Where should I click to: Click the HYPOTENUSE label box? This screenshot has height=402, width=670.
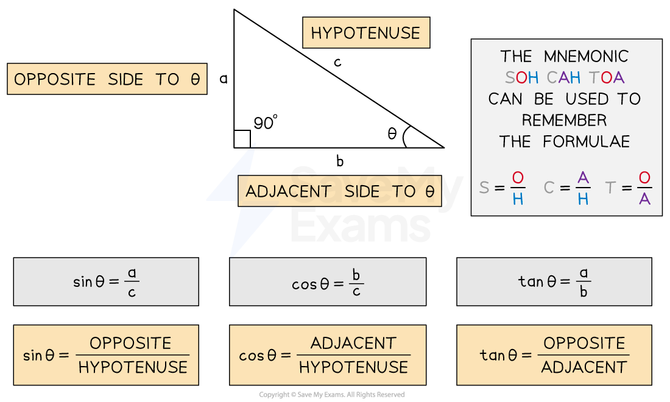coord(365,33)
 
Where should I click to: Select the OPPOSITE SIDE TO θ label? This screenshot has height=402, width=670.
coord(107,79)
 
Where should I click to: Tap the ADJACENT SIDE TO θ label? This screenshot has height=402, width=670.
coord(339,191)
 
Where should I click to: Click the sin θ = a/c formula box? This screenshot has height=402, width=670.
coord(106,281)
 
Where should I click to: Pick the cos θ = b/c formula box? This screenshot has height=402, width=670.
coord(327,281)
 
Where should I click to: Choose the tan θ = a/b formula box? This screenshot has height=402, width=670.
coord(554,281)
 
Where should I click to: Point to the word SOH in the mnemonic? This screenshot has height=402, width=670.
coord(522,78)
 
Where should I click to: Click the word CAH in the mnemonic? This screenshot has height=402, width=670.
coord(563,78)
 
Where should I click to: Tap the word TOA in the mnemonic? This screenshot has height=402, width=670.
coord(607,78)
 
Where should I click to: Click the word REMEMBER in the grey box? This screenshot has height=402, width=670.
coord(565,120)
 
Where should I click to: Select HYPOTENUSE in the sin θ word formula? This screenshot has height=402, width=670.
coord(133,367)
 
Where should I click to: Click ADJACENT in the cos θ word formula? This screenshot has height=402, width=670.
coord(353,344)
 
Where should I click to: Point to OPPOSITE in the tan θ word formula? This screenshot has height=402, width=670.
coord(584,344)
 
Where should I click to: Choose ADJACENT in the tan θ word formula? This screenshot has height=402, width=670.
coord(584,367)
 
